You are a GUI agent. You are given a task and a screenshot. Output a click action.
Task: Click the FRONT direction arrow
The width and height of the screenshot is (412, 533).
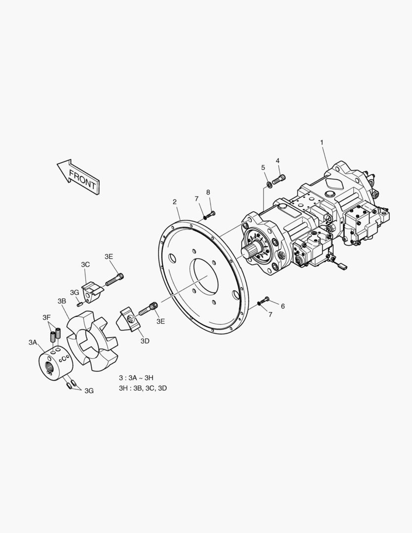(78, 177)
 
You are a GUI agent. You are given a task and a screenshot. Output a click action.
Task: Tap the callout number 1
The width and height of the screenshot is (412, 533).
(322, 143)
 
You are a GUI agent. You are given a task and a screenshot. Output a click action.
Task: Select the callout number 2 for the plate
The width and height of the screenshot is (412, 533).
(175, 202)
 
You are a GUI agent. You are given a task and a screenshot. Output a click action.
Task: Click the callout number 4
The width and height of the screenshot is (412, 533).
(278, 160)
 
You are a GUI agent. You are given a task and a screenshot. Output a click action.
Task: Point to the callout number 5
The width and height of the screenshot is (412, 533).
(263, 168)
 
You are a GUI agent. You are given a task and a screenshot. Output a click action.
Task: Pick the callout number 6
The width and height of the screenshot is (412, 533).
(283, 306)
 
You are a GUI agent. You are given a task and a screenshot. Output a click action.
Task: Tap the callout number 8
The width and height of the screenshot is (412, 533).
(208, 192)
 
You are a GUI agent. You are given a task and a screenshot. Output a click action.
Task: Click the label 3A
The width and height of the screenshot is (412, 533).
(33, 343)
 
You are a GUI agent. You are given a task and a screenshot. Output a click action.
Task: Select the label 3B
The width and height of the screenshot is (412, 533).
(62, 301)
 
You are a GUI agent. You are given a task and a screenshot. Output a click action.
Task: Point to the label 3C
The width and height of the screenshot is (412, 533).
(85, 265)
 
